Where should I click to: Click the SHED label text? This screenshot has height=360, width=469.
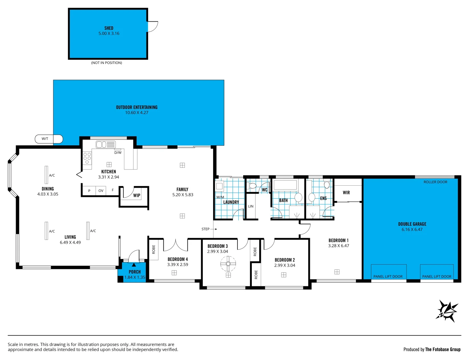(109, 28)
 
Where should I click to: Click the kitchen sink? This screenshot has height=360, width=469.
(105, 144)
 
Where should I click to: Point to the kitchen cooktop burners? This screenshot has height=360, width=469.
(87, 158)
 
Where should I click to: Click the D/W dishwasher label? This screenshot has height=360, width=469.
(118, 153)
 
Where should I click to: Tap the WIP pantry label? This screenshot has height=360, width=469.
(137, 195)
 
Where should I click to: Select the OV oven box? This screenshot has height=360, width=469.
(101, 191)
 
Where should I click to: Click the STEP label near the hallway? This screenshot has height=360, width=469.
(205, 229)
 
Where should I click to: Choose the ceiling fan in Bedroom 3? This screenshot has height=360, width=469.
(228, 264)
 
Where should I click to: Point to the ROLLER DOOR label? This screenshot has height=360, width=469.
(435, 182)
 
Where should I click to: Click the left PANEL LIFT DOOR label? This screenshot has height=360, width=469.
(388, 276)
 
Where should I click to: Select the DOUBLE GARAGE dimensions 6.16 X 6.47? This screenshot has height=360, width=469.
(412, 229)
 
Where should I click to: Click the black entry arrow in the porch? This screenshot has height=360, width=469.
(134, 265)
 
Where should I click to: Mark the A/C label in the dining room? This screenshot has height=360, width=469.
(52, 175)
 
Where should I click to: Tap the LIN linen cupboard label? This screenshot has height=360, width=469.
(251, 206)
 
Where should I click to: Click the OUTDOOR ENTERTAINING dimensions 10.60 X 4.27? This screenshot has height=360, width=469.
(137, 113)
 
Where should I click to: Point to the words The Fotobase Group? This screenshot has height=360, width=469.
(443, 349)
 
